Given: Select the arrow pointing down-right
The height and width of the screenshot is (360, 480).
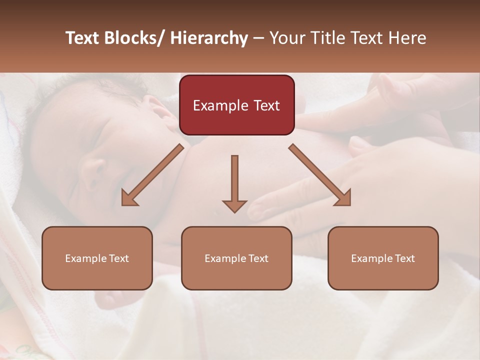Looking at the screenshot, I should (320, 174).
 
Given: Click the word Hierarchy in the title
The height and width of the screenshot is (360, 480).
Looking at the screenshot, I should (209, 38).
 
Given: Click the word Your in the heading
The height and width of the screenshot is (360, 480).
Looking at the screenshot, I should (286, 38).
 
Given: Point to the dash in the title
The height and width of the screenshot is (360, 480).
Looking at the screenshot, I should (259, 39).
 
